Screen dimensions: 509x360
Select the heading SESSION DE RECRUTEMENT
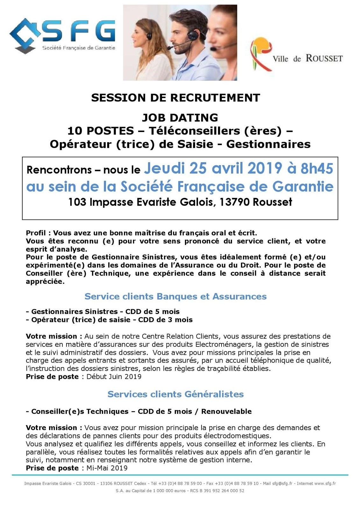tap(175, 98)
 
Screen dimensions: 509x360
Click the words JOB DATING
tap(180, 118)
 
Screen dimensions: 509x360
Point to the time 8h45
tap(317, 169)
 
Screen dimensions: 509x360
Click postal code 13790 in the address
tap(234, 202)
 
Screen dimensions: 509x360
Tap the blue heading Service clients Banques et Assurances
tap(175, 296)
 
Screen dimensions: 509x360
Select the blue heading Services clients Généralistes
tap(175, 394)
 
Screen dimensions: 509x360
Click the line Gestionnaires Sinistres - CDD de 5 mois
tap(103, 311)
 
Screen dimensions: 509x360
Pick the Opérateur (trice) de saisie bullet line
tap(109, 319)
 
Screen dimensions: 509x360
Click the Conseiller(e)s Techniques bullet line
tap(139, 411)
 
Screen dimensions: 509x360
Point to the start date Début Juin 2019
tap(114, 377)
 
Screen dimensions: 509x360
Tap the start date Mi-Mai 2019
tap(107, 468)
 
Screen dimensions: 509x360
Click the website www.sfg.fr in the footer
tap(325, 484)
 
